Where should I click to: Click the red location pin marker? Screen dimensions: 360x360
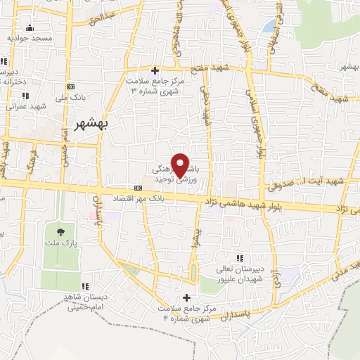point(181,165)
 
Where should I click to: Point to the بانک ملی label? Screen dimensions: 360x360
point(71,97)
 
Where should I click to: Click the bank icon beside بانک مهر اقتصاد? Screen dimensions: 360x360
point(137,188)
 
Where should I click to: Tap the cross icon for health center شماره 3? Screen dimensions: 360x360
point(155,70)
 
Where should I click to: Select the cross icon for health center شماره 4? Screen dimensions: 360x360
point(186,297)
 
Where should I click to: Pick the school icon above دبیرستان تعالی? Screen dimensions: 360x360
point(240,258)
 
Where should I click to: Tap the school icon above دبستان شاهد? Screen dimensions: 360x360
point(84,286)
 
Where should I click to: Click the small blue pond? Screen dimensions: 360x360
point(269,27)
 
